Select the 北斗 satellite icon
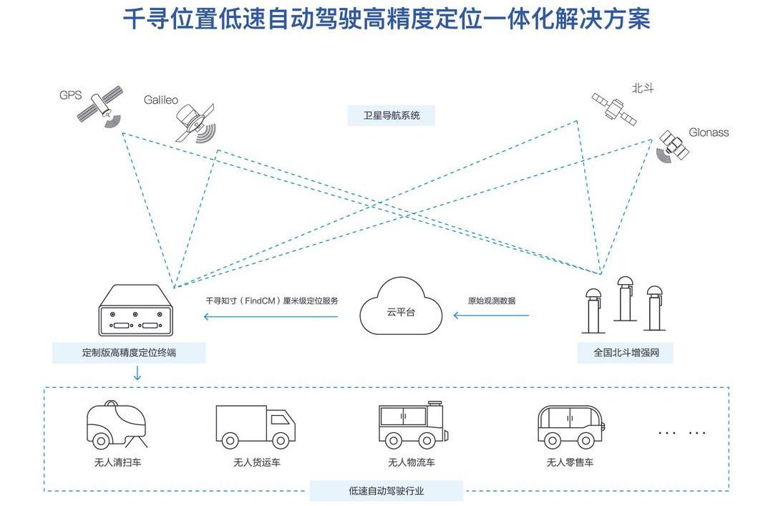(x=613, y=107)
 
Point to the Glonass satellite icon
(x=672, y=145)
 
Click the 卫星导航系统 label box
(x=391, y=115)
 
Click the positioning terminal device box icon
(x=136, y=311)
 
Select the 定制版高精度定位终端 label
(x=129, y=353)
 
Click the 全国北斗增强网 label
(x=625, y=353)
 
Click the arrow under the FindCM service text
(x=272, y=315)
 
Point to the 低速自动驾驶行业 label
(x=386, y=491)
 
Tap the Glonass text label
(x=709, y=132)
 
